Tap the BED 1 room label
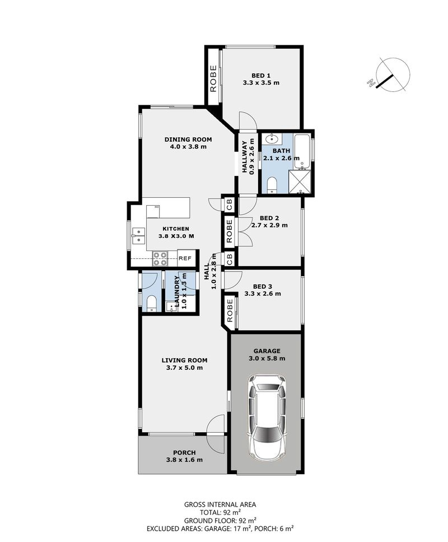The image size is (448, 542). (x=261, y=76)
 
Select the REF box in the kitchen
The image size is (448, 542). (x=185, y=258)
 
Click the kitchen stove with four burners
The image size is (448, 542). (x=160, y=258)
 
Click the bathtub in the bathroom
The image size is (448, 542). (x=302, y=152)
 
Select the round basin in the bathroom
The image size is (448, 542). (x=272, y=140)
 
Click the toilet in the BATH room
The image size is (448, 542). (x=272, y=184)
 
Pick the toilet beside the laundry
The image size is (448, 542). (x=151, y=304)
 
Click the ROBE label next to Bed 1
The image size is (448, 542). (x=213, y=79)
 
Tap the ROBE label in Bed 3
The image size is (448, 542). (x=230, y=310)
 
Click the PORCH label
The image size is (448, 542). (x=184, y=452)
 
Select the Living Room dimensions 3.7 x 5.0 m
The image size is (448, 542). (x=184, y=368)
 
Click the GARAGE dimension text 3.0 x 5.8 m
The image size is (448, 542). (x=267, y=359)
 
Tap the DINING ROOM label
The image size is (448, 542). (x=188, y=140)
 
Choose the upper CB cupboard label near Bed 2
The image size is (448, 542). (x=230, y=204)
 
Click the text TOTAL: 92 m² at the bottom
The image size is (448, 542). (x=220, y=512)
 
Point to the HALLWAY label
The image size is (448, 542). (x=244, y=157)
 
